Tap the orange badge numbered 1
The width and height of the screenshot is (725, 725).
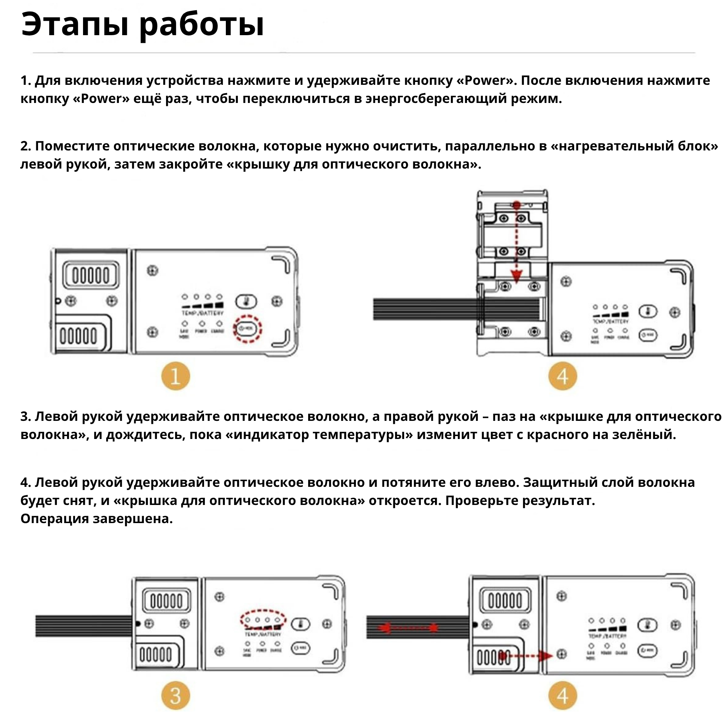tap(175, 376)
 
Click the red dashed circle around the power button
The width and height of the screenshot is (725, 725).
tap(247, 329)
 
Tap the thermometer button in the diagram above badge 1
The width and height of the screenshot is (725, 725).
tap(246, 301)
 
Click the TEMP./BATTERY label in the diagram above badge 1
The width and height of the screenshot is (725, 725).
tap(202, 312)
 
